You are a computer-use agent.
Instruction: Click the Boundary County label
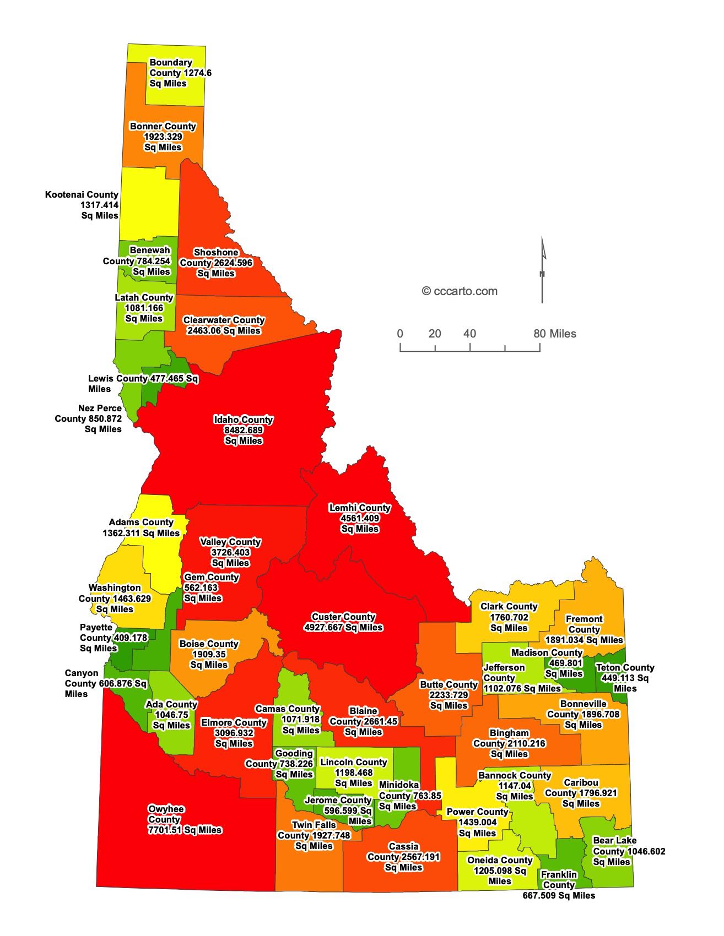[x=180, y=73]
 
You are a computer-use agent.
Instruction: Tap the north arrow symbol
[x=542, y=270]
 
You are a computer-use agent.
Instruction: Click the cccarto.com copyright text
[x=460, y=291]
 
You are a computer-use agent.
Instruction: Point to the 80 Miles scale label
[x=554, y=334]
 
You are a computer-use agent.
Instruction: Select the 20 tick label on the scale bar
[x=435, y=334]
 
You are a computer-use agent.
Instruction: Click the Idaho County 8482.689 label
[x=244, y=430]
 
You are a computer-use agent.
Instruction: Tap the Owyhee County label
[x=185, y=819]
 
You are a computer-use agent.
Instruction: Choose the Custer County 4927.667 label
[x=343, y=622]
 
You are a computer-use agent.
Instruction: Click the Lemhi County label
[x=360, y=518]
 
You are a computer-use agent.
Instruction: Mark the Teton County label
[x=625, y=678]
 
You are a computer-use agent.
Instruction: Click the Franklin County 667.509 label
[x=559, y=885]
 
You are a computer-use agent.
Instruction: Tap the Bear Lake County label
[x=628, y=851]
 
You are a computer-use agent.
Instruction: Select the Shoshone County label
[x=216, y=263]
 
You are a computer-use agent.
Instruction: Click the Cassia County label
[x=403, y=857]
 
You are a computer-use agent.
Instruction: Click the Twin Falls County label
[x=314, y=835]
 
